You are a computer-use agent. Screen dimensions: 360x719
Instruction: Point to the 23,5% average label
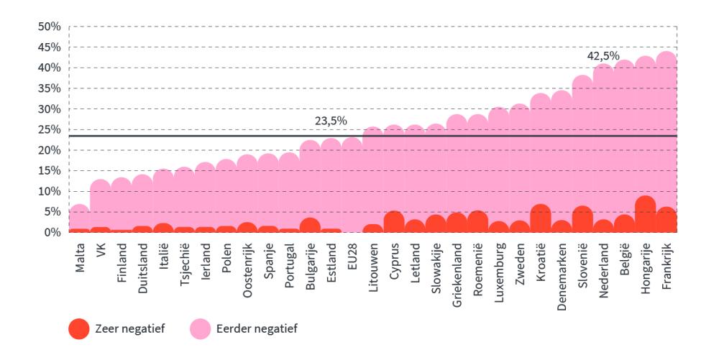click(x=331, y=121)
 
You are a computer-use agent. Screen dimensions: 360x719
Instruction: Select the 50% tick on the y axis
click(x=49, y=27)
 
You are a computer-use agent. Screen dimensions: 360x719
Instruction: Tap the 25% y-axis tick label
click(x=49, y=129)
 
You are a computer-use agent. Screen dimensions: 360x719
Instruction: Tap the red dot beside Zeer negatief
click(x=80, y=328)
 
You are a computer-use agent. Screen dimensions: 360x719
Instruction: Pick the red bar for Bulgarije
click(x=310, y=225)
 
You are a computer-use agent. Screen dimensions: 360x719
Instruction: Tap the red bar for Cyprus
click(x=393, y=221)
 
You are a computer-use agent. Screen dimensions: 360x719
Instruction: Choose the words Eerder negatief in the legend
click(x=257, y=328)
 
